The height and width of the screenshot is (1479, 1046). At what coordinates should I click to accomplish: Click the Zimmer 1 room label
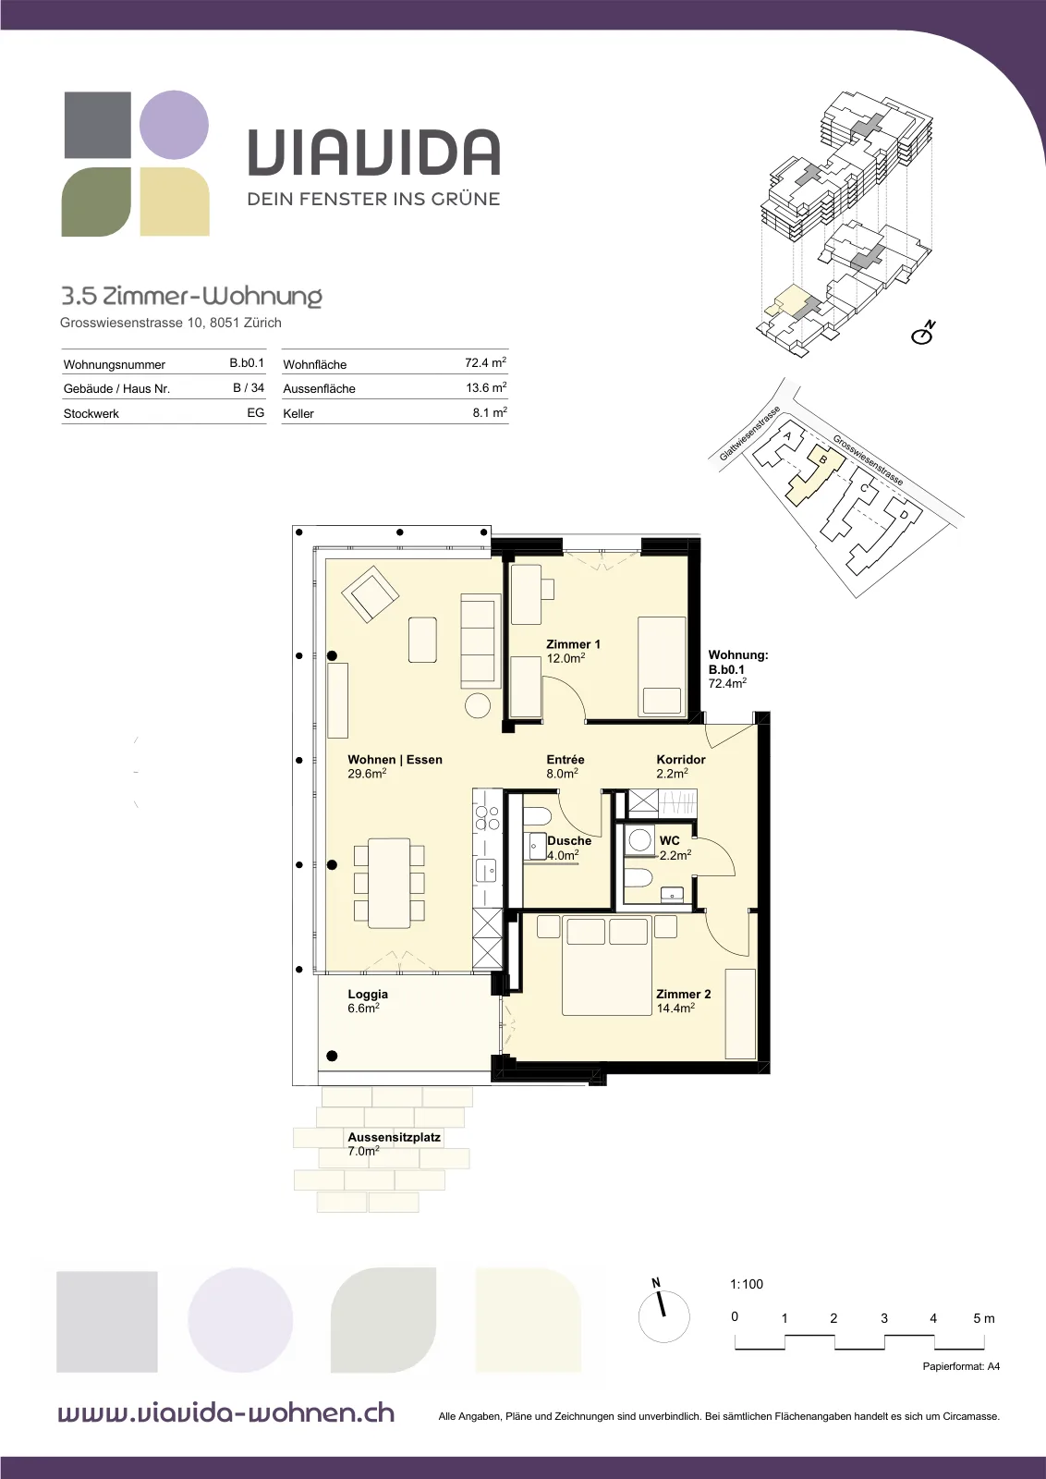573,643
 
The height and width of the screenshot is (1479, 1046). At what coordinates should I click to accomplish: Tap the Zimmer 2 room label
683,994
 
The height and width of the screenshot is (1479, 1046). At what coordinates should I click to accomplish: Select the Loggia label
368,995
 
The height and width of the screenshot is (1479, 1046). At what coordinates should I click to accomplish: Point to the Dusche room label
569,840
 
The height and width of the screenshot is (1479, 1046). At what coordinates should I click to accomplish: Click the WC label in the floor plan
669,840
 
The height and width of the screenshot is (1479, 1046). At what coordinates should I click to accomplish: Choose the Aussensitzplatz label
394,1138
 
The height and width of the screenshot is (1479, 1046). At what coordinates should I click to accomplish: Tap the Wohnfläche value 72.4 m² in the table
485,363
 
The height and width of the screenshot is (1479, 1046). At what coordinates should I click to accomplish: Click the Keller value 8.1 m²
490,413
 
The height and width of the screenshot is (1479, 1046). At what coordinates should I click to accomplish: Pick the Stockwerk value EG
255,412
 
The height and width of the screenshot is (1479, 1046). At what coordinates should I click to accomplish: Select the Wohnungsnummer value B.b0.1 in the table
246,363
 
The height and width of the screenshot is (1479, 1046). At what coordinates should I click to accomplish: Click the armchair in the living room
370,593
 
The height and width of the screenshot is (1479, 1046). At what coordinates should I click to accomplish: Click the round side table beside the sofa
478,706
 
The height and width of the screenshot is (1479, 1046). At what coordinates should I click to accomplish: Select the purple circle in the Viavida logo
175,125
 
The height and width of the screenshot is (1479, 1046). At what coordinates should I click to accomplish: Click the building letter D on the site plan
904,514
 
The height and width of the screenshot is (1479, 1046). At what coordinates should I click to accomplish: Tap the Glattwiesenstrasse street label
749,434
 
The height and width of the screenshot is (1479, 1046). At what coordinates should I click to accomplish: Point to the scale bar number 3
883,1318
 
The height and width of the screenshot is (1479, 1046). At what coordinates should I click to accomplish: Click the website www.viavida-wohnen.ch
226,1413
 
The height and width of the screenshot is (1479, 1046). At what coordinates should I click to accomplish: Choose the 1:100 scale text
747,1284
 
